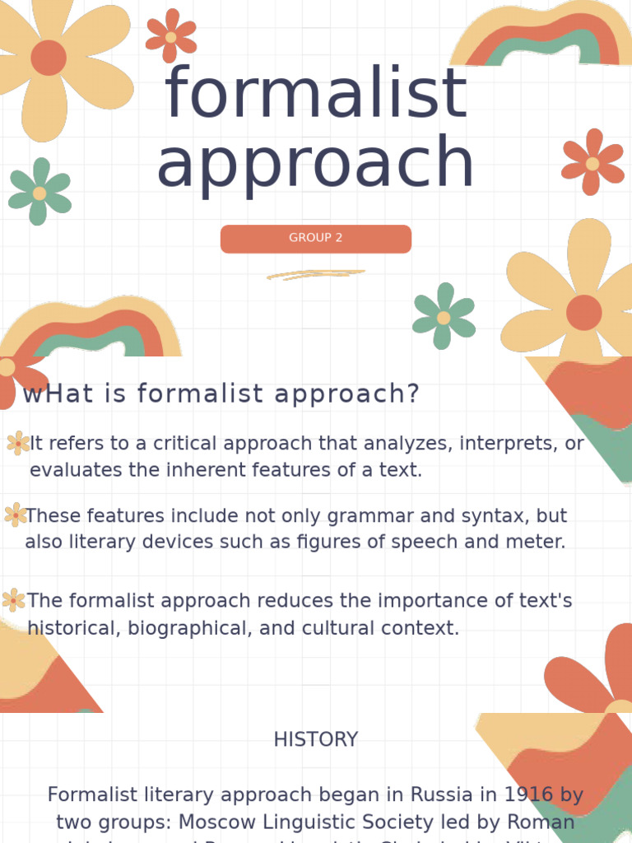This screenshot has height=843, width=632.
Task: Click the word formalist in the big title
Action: pos(316,93)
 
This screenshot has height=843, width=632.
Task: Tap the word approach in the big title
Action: pos(316,162)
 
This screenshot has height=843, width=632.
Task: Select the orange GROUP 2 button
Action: pos(316,238)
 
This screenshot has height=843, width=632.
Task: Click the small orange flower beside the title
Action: pos(171,36)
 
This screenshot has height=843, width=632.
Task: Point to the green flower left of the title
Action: pos(39,193)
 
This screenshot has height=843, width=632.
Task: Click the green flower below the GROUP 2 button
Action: pos(444,317)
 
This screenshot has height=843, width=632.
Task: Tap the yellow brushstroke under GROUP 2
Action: pos(316,275)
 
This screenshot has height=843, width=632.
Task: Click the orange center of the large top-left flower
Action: pos(49,58)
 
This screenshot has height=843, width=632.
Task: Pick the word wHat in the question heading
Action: pos(58,394)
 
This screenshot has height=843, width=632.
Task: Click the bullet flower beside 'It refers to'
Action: pos(18,444)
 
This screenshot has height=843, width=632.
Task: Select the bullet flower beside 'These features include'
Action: pos(15,515)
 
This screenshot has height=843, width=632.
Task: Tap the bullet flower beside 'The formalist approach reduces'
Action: pos(13,600)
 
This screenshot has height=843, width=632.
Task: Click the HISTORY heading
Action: pos(316,739)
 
